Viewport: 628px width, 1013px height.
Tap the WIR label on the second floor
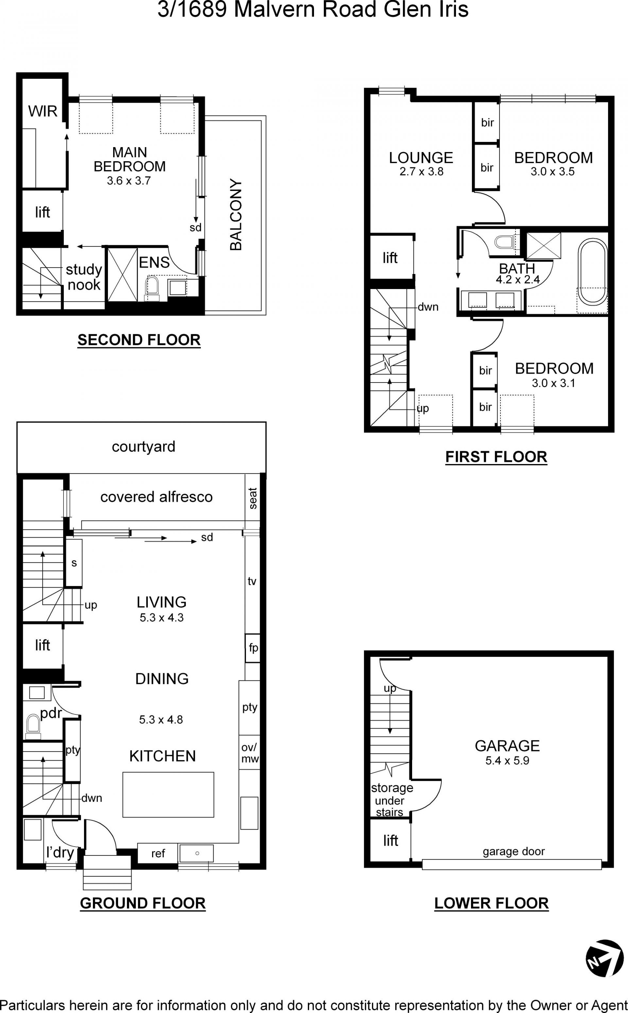click(x=43, y=111)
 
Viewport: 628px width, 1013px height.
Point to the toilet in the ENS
click(x=152, y=288)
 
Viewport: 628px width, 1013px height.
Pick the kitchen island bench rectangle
click(x=168, y=795)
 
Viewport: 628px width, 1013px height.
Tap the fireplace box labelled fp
click(x=253, y=648)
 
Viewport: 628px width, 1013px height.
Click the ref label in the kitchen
click(x=158, y=853)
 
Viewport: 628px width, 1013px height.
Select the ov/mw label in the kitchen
click(x=250, y=753)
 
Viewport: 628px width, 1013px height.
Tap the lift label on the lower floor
click(x=391, y=841)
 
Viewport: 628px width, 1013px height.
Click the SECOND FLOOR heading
click(x=139, y=340)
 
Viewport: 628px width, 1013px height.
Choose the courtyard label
click(x=143, y=447)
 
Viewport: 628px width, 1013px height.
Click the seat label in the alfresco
click(x=253, y=498)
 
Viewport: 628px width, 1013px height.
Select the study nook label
click(x=84, y=277)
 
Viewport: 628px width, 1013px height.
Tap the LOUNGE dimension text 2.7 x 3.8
click(x=421, y=171)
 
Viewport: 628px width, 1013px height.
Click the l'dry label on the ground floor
click(x=60, y=852)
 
